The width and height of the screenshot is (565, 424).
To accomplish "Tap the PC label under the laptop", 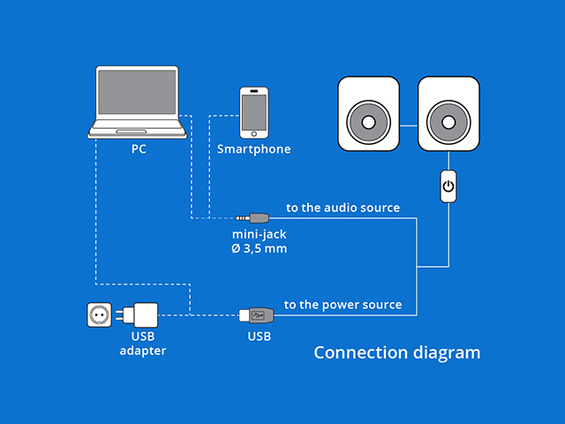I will coord(139,149).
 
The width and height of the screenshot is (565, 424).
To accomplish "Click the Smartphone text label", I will coord(254,149).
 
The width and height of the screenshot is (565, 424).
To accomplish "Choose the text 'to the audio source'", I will coord(343,208).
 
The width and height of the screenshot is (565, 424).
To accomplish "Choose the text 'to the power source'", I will coord(343,305).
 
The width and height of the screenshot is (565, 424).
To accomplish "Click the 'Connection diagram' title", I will coord(397,353).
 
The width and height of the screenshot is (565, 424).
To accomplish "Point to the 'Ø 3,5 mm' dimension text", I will coord(259,249).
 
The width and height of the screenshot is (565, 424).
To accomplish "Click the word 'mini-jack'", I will coord(259,235).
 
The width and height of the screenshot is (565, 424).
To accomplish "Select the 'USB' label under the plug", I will coord(259,337).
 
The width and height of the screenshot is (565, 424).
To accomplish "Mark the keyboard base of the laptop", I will coord(139,133).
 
